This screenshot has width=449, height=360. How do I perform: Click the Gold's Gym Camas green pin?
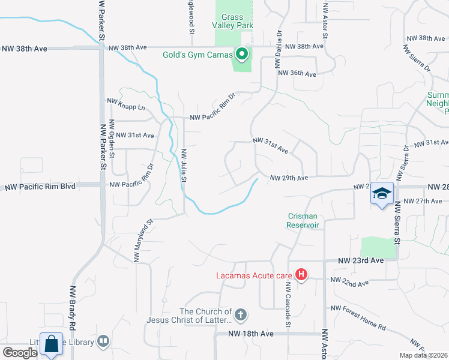(242, 55)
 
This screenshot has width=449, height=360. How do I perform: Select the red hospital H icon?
(301, 276)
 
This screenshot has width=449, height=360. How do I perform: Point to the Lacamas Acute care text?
(254, 276)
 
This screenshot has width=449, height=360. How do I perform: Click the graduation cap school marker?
(381, 193)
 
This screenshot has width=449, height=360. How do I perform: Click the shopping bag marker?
(52, 344)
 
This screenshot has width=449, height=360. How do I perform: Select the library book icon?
(103, 341)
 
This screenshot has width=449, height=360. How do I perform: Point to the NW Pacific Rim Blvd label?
(40, 187)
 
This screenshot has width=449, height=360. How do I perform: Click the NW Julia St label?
(184, 165)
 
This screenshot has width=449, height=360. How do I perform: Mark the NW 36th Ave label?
(297, 74)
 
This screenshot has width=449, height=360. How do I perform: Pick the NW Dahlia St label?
(279, 46)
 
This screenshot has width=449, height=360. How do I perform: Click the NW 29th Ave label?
(289, 178)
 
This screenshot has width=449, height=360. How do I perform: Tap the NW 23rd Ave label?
(360, 261)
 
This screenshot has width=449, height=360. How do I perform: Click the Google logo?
(20, 353)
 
